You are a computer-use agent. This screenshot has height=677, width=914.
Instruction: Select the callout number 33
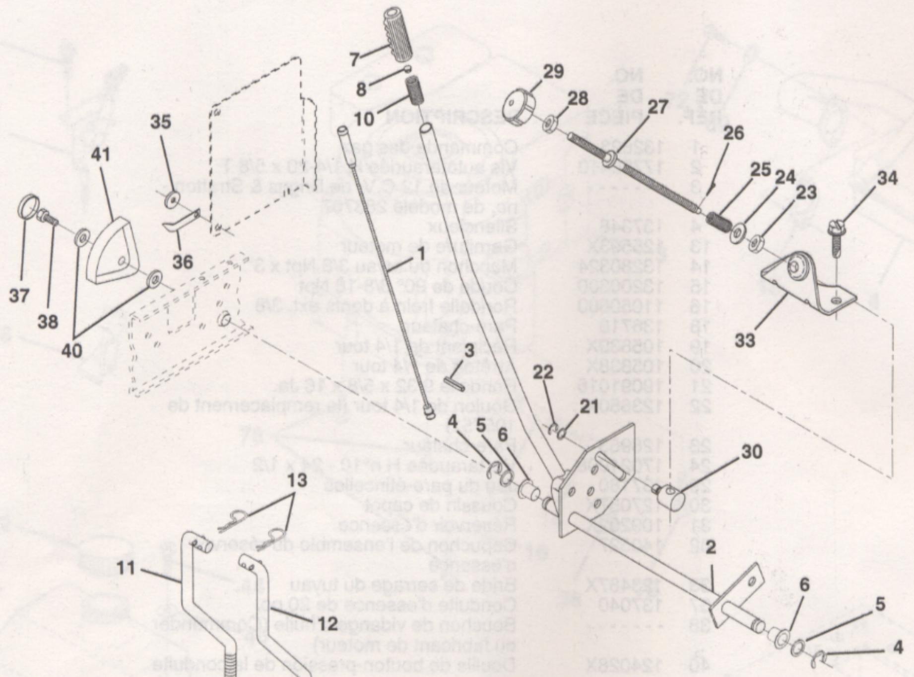click(x=744, y=339)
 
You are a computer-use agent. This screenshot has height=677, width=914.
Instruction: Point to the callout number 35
click(x=160, y=122)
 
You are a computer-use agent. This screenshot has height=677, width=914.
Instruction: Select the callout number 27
click(x=657, y=107)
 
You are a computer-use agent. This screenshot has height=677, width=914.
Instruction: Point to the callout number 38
click(x=48, y=322)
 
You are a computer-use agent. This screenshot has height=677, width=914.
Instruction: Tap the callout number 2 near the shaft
click(x=711, y=548)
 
